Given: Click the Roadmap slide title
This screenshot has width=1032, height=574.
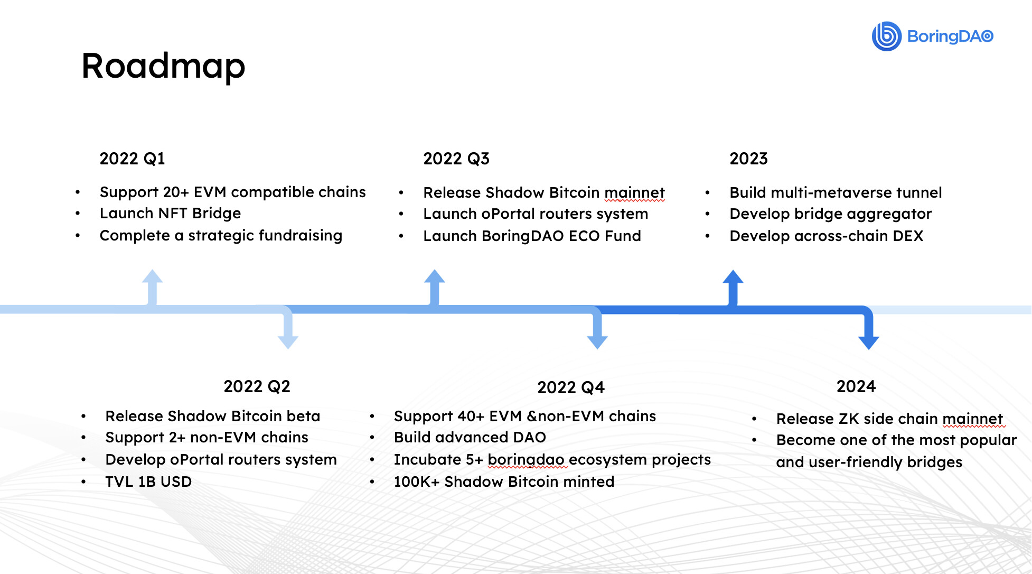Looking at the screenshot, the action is pos(163,66).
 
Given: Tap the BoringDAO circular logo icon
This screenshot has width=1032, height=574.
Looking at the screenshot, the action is pos(886,36).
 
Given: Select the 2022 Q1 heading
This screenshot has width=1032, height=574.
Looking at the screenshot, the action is pos(132,159).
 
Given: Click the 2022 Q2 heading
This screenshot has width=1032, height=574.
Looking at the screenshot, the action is pos(257,386).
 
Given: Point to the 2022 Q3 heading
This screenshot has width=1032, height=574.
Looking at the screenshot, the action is pos(456,159).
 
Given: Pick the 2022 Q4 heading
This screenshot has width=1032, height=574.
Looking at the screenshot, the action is pos(571,387).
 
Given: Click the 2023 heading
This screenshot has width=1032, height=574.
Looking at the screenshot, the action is pos(748,159).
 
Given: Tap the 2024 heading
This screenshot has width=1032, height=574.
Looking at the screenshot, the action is pos(856,386).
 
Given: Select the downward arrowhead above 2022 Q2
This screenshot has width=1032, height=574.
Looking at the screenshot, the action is pos(288,342).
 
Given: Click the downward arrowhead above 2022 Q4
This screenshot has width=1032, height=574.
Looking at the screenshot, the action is pos(597,342).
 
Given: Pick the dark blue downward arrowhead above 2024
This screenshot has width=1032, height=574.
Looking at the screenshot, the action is pos(869,342).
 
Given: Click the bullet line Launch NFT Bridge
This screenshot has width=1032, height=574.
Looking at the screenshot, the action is pos(170,213).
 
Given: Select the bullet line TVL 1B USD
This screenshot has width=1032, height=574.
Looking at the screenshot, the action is pos(148,482).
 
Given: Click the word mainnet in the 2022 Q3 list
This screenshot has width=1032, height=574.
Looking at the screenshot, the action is pos(634,192).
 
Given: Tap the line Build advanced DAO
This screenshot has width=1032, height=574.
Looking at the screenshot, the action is pos(470,437).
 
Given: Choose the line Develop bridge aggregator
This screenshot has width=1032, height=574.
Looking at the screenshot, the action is pos(831,214).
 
